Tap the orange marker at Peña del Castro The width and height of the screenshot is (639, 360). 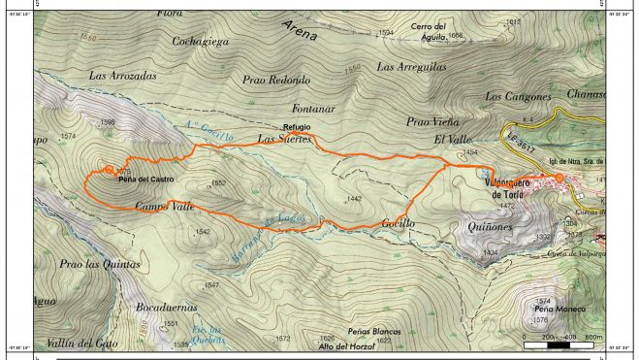[x=108, y=169]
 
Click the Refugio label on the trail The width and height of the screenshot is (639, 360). [x=297, y=127]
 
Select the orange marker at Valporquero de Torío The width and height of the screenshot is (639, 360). [x=559, y=177]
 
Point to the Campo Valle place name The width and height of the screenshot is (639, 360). [x=165, y=206]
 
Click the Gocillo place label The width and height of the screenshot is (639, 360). [x=398, y=223]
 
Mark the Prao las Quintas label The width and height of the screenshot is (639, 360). [x=99, y=264]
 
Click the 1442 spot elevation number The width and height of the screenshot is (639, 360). [x=353, y=199]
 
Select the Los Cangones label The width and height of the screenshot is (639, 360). [x=518, y=96]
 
